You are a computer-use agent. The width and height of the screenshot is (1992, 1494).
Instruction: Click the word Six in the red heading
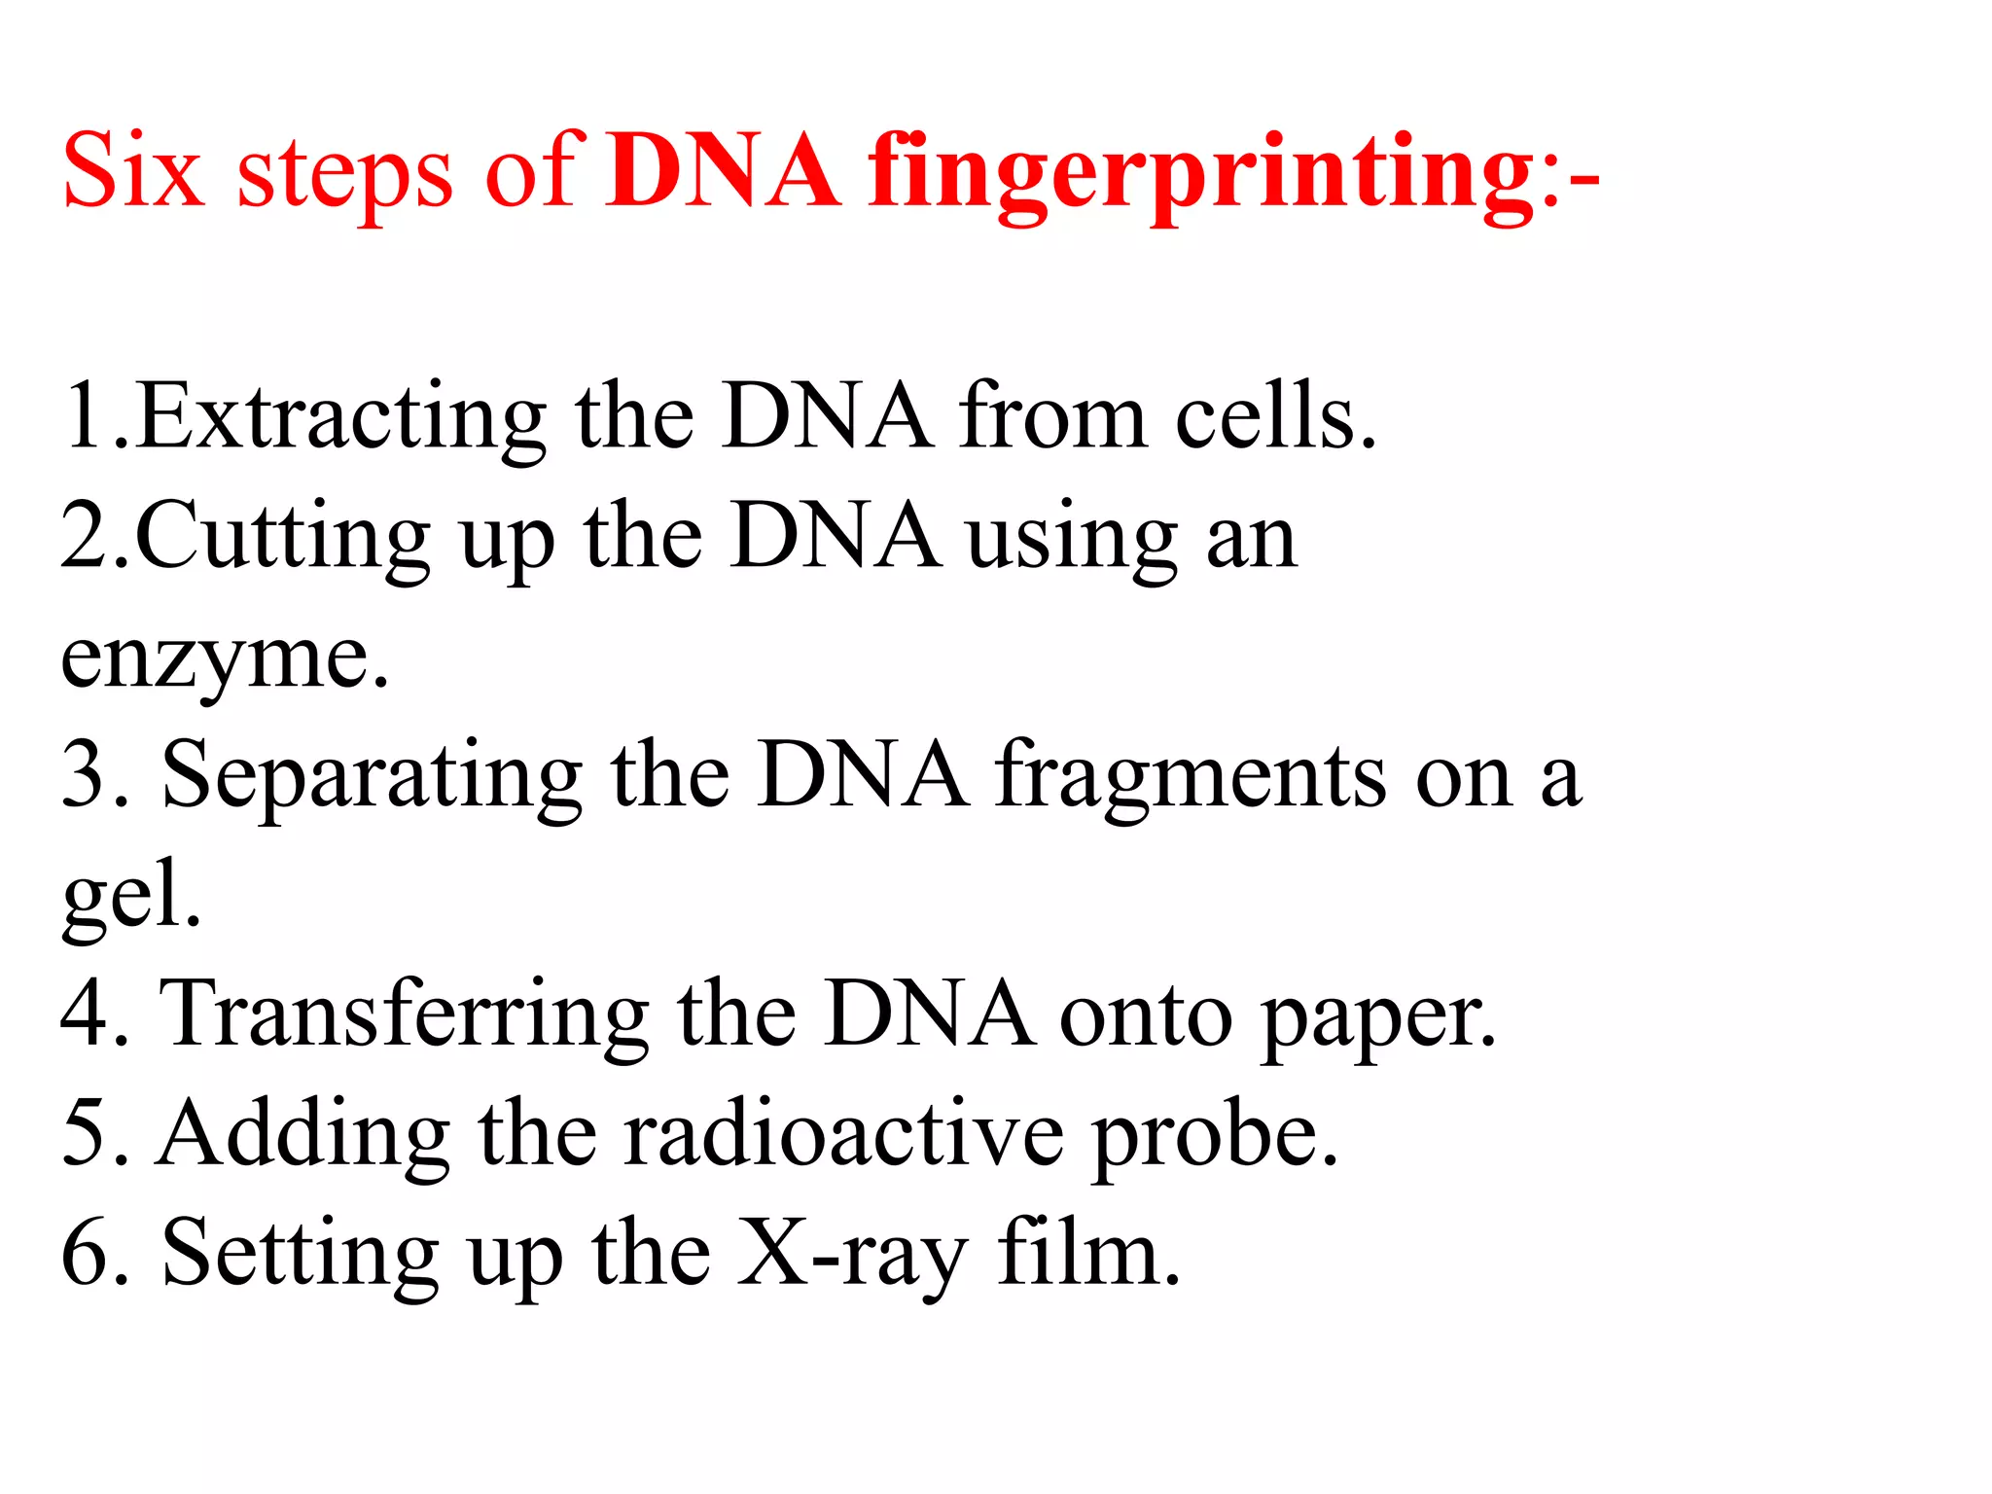click(x=133, y=171)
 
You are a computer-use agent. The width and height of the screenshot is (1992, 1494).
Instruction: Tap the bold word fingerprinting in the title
click(x=1200, y=175)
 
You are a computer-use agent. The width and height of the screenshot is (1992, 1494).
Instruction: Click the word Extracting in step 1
click(x=340, y=418)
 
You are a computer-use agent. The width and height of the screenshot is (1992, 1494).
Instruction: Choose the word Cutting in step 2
click(x=283, y=538)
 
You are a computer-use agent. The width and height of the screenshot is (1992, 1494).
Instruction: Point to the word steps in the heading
click(x=344, y=175)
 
